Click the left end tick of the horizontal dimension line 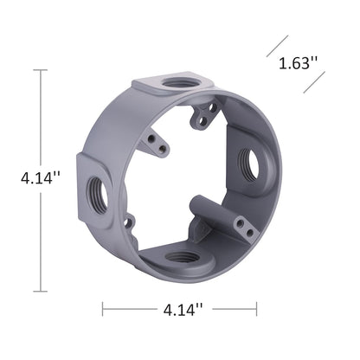click(x=103, y=308)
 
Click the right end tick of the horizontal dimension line click(x=256, y=308)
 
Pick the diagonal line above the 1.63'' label click(x=276, y=45)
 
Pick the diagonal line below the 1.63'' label click(x=313, y=83)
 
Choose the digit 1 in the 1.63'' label click(x=282, y=63)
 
